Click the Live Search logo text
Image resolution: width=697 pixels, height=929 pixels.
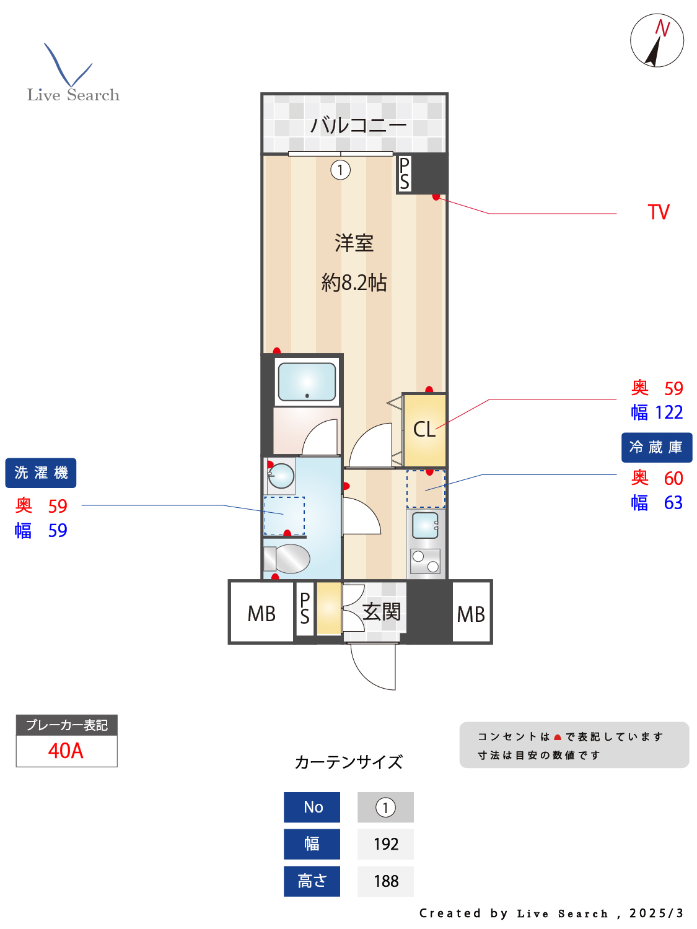coord(73,95)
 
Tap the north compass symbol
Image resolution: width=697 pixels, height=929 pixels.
coord(657,40)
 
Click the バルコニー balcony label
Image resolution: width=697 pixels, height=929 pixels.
coord(358,126)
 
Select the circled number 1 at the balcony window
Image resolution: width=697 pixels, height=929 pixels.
coord(340,170)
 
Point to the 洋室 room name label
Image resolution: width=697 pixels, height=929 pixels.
coord(354,243)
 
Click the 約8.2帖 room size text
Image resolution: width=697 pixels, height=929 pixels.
coord(354,282)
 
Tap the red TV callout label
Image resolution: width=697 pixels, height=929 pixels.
coord(659,212)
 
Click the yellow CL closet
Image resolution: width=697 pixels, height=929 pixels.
coord(424,429)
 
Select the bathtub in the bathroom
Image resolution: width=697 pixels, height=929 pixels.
coord(307,382)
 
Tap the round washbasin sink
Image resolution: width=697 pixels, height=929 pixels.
coord(281,476)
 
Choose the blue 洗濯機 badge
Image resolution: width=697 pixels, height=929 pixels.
coord(41,473)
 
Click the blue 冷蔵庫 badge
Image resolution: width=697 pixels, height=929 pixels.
coord(656,447)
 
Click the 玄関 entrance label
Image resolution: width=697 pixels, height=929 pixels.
coord(381,612)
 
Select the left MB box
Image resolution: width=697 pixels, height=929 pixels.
coord(261,613)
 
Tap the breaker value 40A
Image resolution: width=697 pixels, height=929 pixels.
coord(66,751)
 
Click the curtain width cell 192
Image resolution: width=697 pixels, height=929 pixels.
coord(385,844)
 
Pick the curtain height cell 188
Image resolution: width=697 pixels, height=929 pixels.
coord(385,881)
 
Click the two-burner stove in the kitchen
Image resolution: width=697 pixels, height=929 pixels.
coord(425,561)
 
